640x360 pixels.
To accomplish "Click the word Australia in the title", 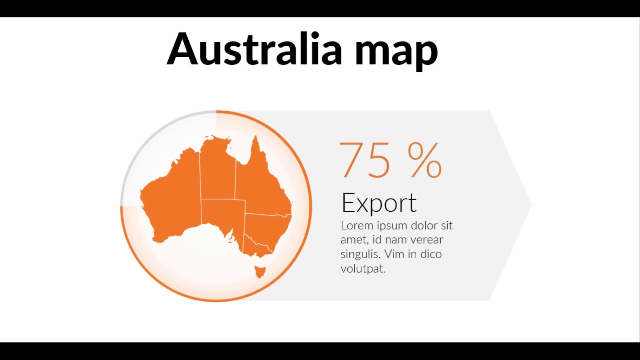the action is point(254,49).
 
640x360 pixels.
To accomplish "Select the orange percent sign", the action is point(425,160).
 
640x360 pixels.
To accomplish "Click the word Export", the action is point(379,203).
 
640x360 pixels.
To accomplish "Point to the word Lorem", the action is point(355,225).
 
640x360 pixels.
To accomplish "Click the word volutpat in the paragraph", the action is point(363,269).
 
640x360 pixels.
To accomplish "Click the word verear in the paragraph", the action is point(426,240).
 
